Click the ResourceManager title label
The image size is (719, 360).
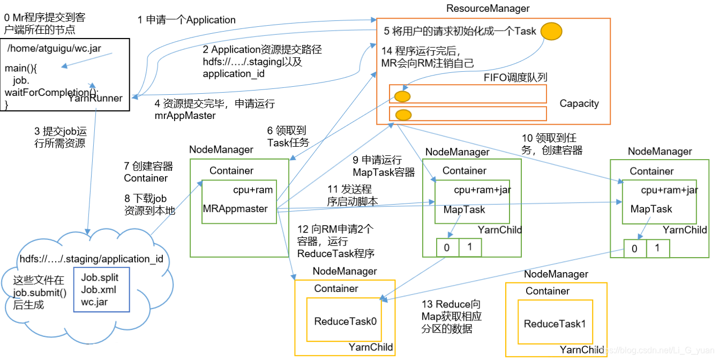pyautogui.click(x=488, y=9)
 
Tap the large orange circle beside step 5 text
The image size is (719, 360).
pyautogui.click(x=551, y=31)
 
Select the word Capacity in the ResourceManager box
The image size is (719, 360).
pyautogui.click(x=579, y=103)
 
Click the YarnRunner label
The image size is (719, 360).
pyautogui.click(x=95, y=98)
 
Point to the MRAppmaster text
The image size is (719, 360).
pyautogui.click(x=235, y=208)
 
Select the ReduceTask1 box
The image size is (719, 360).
pyautogui.click(x=555, y=324)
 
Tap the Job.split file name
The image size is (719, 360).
pyautogui.click(x=100, y=277)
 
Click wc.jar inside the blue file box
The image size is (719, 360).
pyautogui.click(x=94, y=302)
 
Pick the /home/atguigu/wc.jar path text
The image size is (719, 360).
pyautogui.click(x=54, y=48)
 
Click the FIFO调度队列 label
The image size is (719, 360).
pyautogui.click(x=515, y=78)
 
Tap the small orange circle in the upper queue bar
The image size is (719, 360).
pyautogui.click(x=402, y=96)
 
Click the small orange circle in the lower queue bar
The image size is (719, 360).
pyautogui.click(x=403, y=115)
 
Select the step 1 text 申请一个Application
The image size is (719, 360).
pyautogui.click(x=186, y=20)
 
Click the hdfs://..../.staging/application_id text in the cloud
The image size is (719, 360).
pyautogui.click(x=92, y=259)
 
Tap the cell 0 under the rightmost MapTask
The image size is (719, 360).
pyautogui.click(x=634, y=249)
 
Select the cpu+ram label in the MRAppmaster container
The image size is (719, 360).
pyautogui.click(x=253, y=190)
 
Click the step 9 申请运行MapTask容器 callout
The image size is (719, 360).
pyautogui.click(x=384, y=166)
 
